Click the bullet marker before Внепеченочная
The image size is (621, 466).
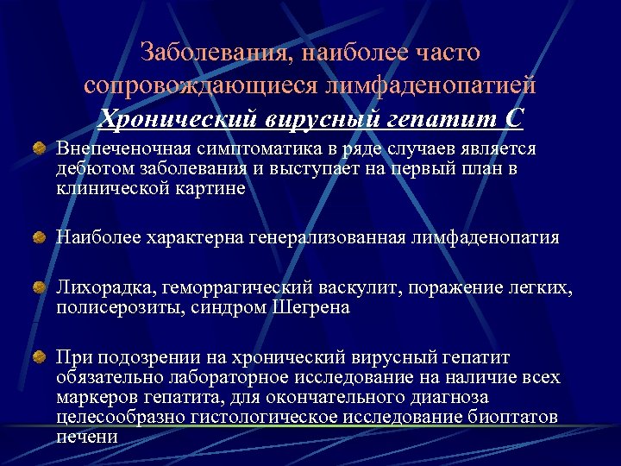tap(40, 150)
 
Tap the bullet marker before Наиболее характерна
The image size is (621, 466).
tap(40, 236)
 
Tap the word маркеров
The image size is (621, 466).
tap(97, 397)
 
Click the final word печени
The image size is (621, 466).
tap(87, 436)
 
